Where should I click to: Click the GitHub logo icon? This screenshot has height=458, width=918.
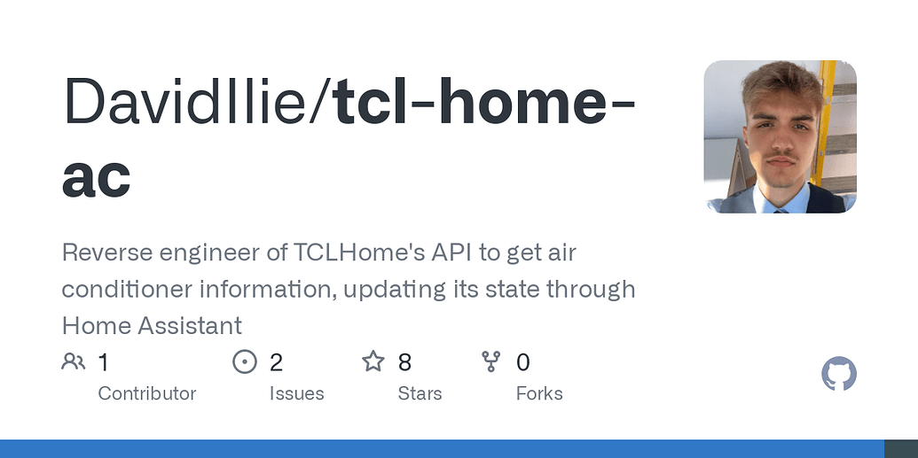point(839,375)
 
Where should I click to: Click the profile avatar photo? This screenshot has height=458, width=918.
point(780,136)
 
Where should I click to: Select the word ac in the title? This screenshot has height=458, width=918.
point(97,176)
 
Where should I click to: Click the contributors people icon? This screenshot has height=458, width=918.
point(73,361)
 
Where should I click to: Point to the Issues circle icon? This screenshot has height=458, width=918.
point(244,361)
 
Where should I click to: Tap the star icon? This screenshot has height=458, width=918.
point(373,361)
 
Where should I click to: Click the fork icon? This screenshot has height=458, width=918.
point(490,361)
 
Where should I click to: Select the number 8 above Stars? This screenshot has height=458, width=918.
point(404,362)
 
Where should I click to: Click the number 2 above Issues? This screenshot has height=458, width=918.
point(276,362)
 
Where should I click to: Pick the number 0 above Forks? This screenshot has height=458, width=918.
point(523,362)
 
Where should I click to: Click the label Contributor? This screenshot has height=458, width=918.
point(146,393)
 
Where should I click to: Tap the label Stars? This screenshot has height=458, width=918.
point(420,393)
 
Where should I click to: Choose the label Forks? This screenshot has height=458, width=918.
point(539,393)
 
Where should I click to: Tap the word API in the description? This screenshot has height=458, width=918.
point(450,252)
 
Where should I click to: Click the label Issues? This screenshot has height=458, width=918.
point(296,393)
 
